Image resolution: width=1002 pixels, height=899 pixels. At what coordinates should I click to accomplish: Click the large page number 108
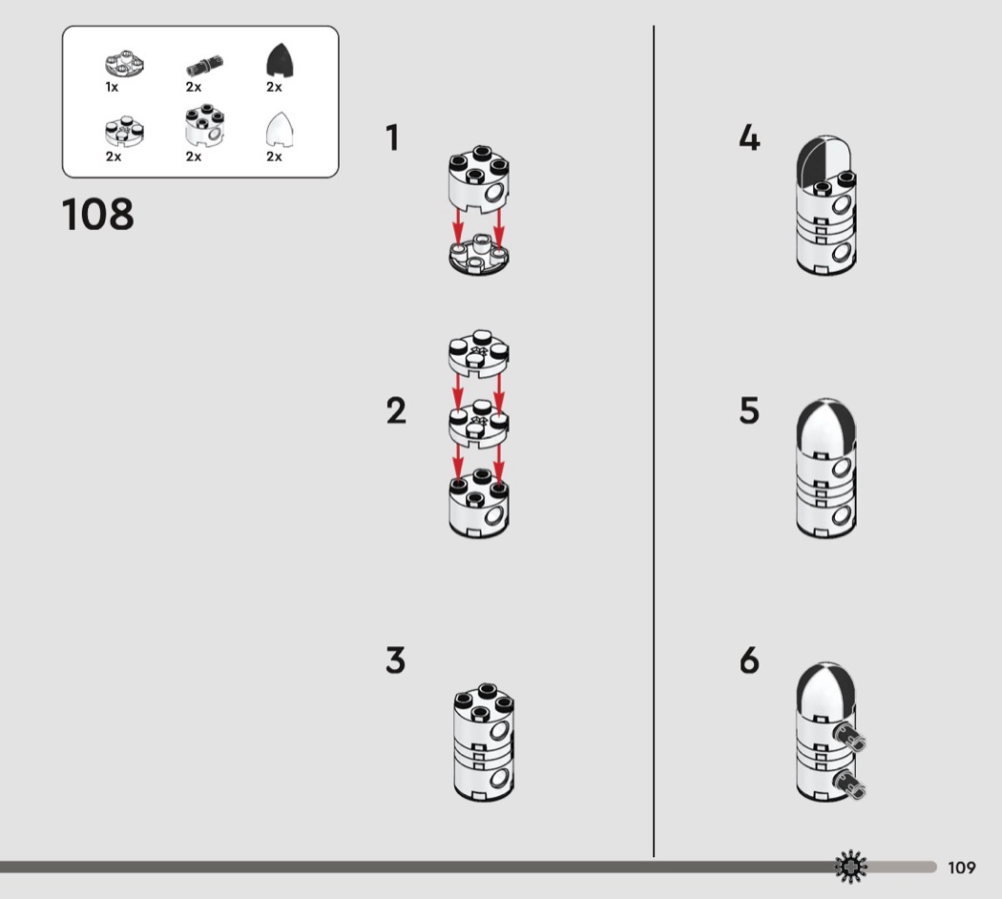point(97,214)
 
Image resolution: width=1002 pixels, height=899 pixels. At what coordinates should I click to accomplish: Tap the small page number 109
point(962,868)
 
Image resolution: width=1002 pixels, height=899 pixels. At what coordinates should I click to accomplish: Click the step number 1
point(392,137)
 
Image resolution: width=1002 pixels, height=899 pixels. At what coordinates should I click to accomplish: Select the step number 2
point(396,410)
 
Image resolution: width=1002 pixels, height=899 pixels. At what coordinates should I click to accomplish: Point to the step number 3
point(396,660)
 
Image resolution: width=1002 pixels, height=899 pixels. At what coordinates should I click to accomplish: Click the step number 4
point(749,137)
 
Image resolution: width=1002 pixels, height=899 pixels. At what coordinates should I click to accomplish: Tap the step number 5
point(749,410)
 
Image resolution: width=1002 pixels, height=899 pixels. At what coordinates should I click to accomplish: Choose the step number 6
point(749,660)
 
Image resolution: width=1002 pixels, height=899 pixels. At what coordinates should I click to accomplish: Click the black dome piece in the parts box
point(280,61)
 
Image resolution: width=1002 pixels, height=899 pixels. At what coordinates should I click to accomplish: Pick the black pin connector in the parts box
point(204,65)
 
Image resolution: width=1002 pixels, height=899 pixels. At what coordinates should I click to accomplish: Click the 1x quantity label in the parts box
point(112,87)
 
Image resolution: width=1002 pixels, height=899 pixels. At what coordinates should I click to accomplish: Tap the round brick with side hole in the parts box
point(204,125)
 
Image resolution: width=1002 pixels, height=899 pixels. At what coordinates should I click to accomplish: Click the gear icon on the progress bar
point(851,868)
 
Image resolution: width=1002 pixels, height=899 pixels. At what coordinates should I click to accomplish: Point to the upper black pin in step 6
point(849,738)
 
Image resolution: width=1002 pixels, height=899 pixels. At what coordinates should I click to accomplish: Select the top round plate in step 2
point(479,353)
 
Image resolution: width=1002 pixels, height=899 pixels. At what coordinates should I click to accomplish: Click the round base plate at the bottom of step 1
point(479,255)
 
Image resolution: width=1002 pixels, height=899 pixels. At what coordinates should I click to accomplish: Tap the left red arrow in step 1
point(457,227)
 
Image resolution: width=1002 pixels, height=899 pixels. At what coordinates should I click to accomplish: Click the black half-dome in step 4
point(810,161)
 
